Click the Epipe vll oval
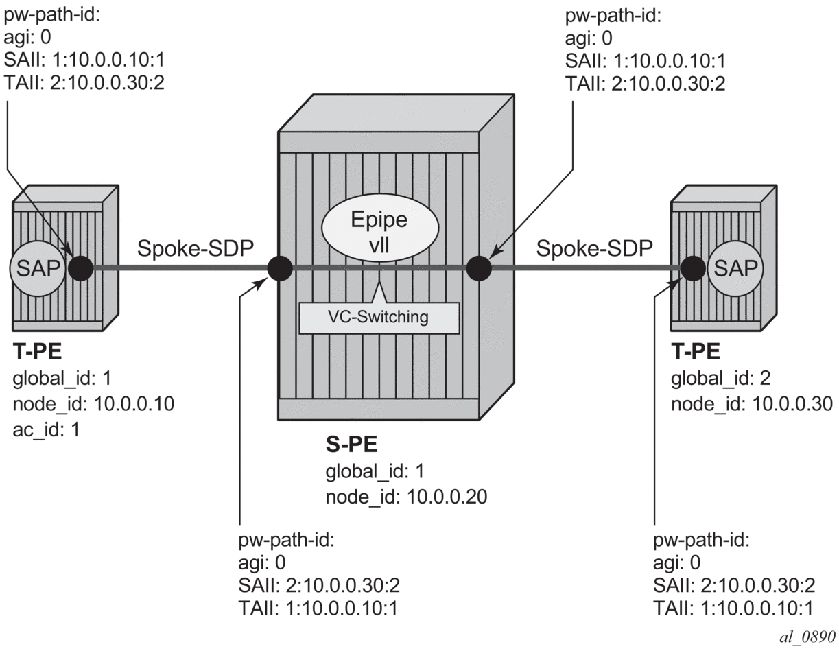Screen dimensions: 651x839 coord(379,233)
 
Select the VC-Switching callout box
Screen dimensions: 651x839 coord(379,318)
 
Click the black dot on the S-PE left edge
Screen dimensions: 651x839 coord(279,268)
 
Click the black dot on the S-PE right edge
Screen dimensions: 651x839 coord(478,268)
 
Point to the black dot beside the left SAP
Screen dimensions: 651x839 coord(81,268)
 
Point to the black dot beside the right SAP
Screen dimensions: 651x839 coord(694,268)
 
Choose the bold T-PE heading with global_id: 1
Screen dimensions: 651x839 coord(37,353)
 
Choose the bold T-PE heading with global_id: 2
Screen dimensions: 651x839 coord(695,353)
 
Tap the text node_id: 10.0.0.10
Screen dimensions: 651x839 coord(93,403)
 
